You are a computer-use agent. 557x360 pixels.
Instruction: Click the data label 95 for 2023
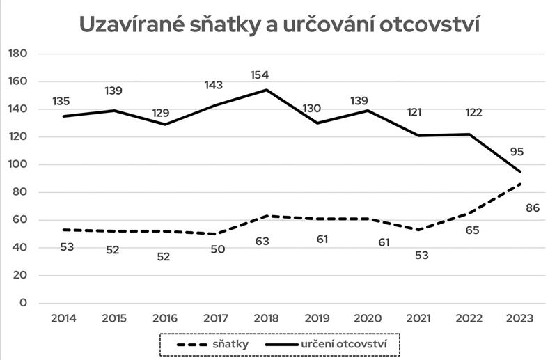[516, 151]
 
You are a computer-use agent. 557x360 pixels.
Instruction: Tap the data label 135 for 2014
[61, 102]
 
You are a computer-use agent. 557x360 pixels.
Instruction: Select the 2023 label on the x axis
[520, 318]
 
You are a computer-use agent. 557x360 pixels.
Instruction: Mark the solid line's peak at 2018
[265, 90]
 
